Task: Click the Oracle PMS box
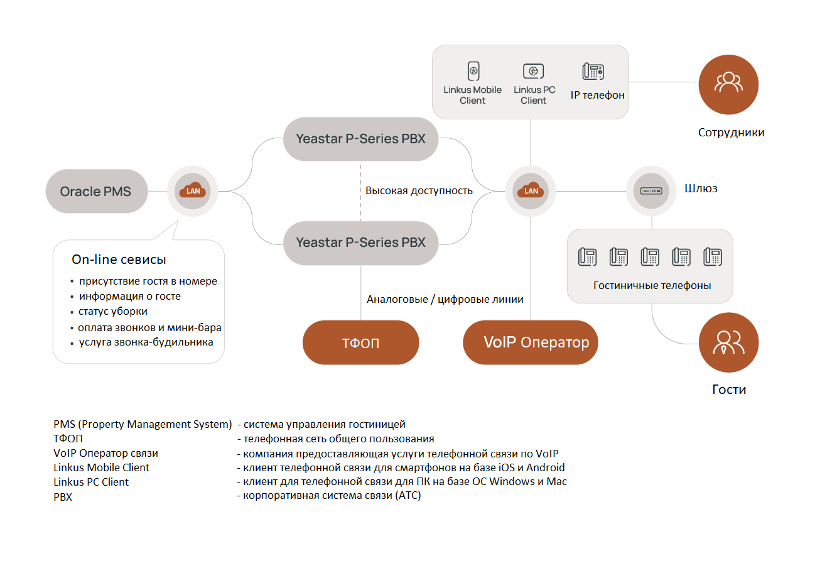point(96,191)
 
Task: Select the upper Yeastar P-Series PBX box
point(360,139)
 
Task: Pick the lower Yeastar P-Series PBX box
point(360,242)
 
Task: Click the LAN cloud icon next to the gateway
point(531,190)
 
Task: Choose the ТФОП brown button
point(360,343)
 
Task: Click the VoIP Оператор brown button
point(531,343)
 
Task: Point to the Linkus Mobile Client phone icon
point(473,71)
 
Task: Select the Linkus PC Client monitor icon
point(533,71)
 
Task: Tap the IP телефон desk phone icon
point(593,71)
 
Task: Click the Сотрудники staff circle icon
point(728,84)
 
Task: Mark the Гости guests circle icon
point(728,342)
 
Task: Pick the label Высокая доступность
point(419,190)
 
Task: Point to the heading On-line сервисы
point(119,259)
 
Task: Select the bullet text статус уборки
point(113,311)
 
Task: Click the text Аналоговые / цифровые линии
point(445,299)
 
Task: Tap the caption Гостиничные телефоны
point(652,285)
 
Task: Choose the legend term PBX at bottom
point(63,496)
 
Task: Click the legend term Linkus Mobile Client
point(102,467)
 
